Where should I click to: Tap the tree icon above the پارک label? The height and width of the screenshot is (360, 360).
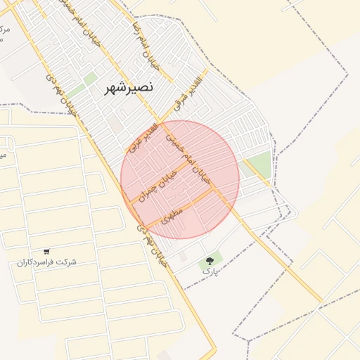[x=210, y=257]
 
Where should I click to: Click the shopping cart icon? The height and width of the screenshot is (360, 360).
[x=46, y=251]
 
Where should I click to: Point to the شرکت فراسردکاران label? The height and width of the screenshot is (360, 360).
[x=47, y=262]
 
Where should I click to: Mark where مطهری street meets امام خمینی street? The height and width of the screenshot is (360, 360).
[x=215, y=190]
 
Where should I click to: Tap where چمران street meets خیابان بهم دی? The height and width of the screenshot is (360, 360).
[x=130, y=202]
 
